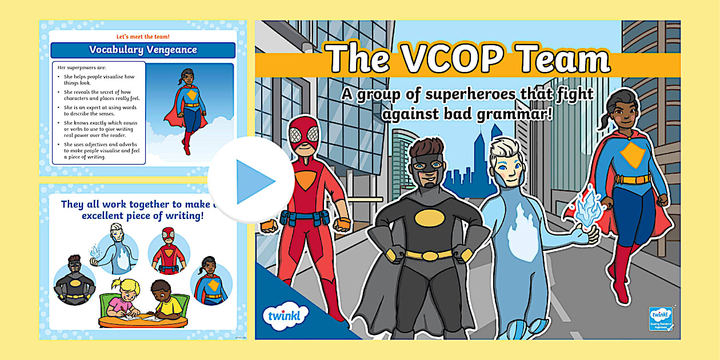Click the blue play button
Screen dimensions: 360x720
(251, 181)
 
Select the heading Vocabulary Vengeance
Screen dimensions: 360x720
(143, 50)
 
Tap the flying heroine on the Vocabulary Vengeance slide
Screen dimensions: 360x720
(186, 109)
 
